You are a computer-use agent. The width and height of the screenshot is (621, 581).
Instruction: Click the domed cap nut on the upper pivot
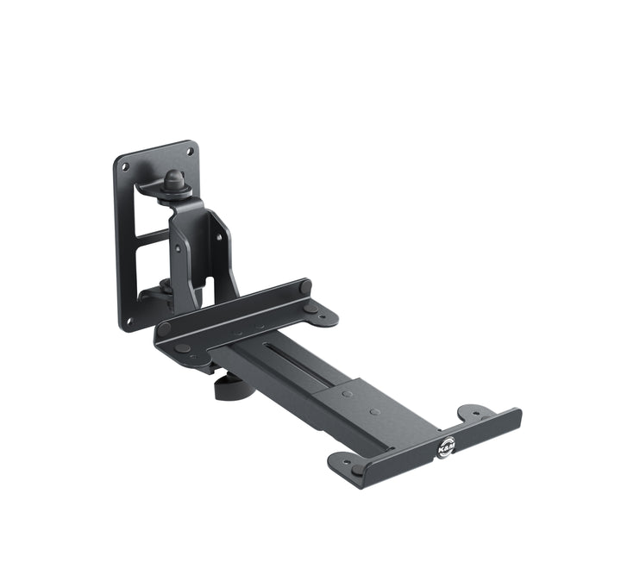click(174, 182)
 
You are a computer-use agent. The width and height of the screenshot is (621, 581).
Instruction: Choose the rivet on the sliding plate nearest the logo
click(374, 411)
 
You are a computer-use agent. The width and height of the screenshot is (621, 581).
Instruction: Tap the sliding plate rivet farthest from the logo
click(347, 394)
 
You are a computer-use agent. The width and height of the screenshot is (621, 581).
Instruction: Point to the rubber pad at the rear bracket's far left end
click(164, 328)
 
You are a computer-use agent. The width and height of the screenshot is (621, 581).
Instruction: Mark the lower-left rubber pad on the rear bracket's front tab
click(183, 348)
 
